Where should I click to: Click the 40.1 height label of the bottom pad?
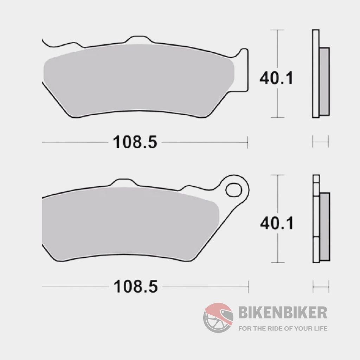(276, 223)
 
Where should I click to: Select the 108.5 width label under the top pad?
(135, 143)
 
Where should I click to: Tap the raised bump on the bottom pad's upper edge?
(123, 182)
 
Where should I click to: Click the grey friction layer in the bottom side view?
(324, 227)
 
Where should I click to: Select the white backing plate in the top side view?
(316, 74)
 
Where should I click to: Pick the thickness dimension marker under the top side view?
(320, 142)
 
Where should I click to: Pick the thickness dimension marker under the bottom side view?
(320, 287)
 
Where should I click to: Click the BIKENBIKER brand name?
(283, 312)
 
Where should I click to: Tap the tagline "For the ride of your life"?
(283, 329)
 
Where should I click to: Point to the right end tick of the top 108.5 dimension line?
(247, 143)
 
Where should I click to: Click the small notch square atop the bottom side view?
(316, 178)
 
